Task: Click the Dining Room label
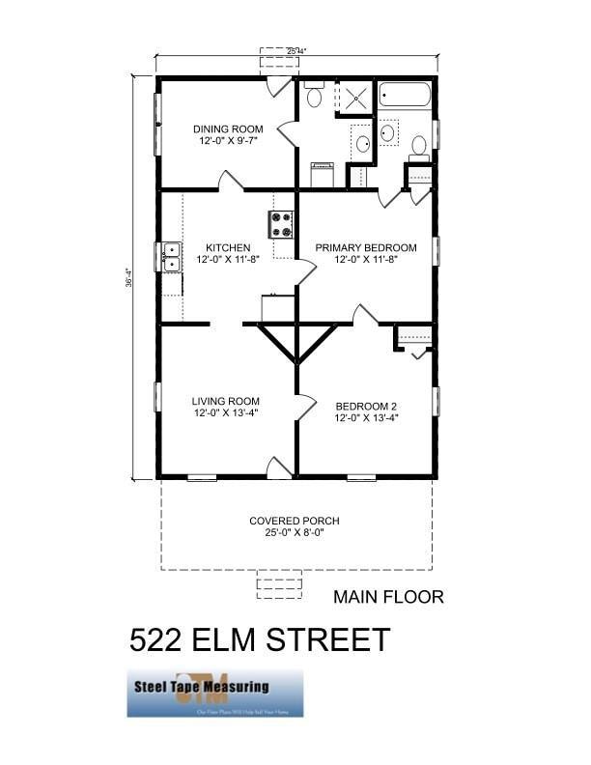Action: pos(229,128)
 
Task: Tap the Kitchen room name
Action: pos(228,248)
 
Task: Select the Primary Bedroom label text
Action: pos(366,248)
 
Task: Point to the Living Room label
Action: pos(225,402)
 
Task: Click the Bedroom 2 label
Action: pos(366,407)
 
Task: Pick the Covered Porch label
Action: pos(294,522)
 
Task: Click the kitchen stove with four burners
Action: pos(282,225)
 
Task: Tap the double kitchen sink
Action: pos(171,257)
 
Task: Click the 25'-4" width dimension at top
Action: pos(297,51)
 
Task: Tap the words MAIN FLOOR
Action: pos(388,597)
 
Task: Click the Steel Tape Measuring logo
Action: pos(214,693)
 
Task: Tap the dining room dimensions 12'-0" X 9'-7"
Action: pos(229,141)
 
